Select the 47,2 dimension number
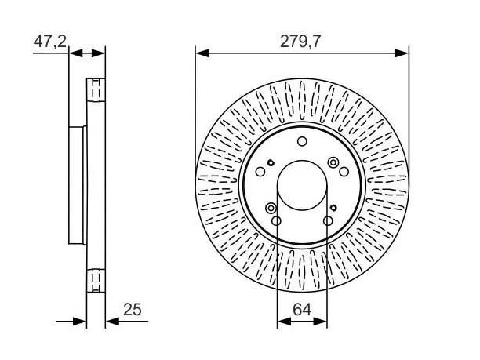point(50,42)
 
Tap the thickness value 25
point(133,310)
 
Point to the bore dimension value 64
point(302,310)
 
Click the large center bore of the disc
point(302,186)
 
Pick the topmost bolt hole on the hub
point(302,141)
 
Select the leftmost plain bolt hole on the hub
point(260,172)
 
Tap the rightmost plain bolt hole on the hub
point(344,172)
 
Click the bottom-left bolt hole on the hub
point(276,220)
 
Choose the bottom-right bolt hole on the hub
point(328,220)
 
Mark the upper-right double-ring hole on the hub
point(333,162)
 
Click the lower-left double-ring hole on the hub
point(271,208)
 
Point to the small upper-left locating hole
point(271,162)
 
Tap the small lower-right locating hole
point(333,208)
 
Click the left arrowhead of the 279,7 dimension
point(202,53)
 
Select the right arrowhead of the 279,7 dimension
point(402,53)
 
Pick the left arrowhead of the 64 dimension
point(284,321)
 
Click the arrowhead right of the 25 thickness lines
point(112,321)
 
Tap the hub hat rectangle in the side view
point(77,185)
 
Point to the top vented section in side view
point(96,90)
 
